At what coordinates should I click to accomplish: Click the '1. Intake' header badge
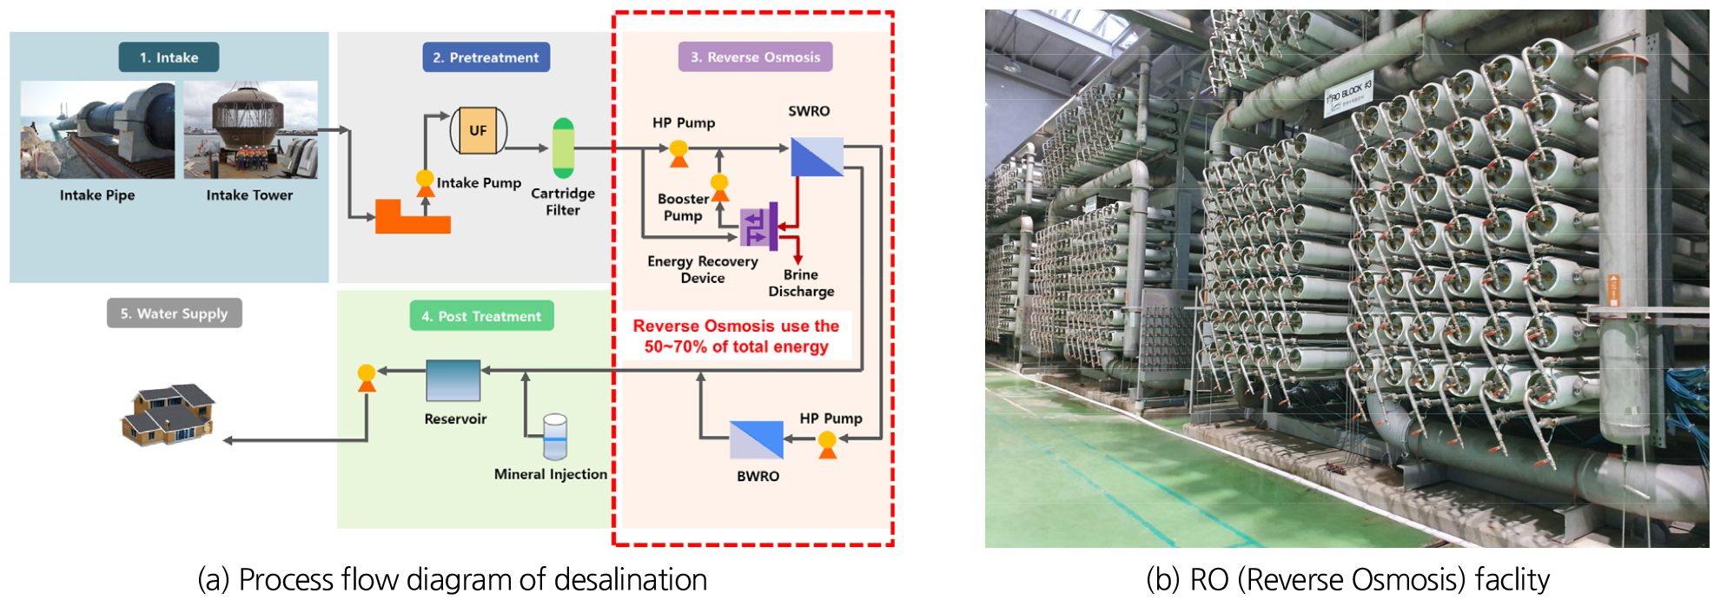point(169,57)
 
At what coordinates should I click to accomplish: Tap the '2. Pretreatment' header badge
point(486,57)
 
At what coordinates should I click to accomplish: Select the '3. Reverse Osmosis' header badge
point(755,57)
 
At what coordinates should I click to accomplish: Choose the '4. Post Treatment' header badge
point(481,316)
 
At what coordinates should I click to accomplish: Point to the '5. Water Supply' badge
point(174,313)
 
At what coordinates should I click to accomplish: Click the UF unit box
point(478,131)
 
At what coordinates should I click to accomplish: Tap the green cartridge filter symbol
point(563,148)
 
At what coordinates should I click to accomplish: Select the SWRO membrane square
point(817,156)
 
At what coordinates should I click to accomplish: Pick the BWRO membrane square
point(756,439)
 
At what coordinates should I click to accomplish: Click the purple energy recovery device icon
point(758,227)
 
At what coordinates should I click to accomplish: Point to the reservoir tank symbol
point(453,380)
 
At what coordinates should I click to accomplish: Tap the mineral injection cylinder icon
point(554,436)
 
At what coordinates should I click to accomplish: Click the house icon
point(169,414)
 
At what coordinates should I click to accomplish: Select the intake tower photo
point(250,130)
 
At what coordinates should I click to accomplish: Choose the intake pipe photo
point(97,130)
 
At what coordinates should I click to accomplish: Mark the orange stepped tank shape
point(412,218)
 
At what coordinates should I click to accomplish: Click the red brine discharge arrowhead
point(797,260)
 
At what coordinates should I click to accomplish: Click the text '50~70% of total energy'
point(736,346)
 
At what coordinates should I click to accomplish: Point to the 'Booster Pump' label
point(683,208)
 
